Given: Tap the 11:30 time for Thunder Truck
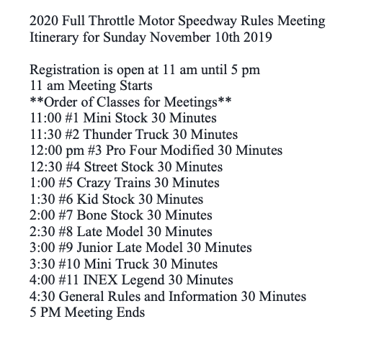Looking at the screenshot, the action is (46, 134).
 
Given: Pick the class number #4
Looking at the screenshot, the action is (76, 166).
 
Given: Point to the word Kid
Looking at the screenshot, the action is (92, 199).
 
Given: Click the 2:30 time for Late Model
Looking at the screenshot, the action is (43, 232).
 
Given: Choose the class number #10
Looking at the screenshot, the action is (79, 264).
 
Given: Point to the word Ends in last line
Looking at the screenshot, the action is (130, 312).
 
